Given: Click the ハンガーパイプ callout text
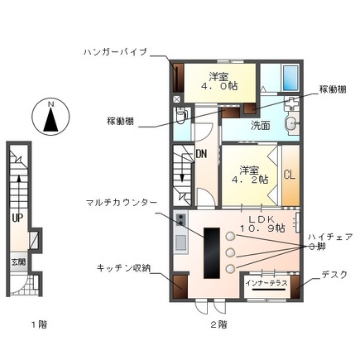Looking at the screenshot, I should (115, 51).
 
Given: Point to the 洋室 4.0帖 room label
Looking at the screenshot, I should (218, 82).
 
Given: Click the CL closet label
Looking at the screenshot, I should (289, 175).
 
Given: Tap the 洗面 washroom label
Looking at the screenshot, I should (260, 126).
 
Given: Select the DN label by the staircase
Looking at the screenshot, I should (201, 153).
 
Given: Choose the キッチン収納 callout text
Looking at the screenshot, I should (125, 269).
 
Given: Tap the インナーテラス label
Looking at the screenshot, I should (266, 283).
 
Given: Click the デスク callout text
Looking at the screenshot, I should (334, 275).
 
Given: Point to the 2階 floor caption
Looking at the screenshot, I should (218, 324).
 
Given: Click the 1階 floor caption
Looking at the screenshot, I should (38, 324).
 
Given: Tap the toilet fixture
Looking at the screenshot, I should (184, 115).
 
